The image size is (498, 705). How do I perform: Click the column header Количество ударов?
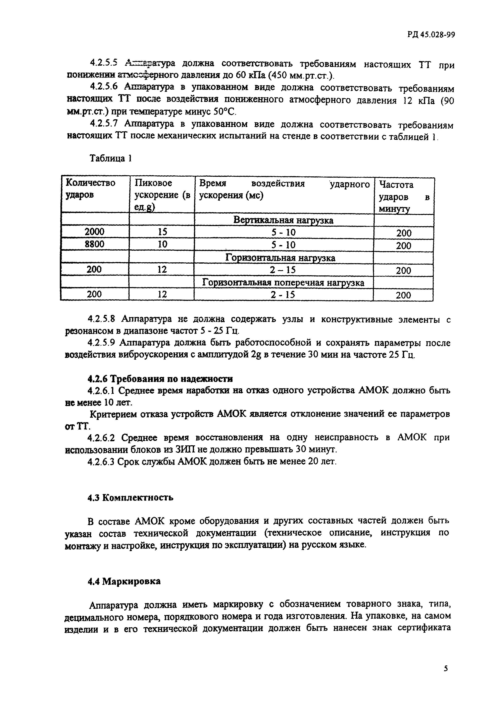tap(91, 189)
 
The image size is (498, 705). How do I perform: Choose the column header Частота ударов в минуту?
tap(404, 196)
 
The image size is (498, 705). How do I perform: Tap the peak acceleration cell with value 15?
tap(162, 232)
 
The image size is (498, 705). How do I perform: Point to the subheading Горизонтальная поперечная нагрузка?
tap(284, 282)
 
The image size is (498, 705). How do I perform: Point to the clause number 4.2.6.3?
tap(101, 461)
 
